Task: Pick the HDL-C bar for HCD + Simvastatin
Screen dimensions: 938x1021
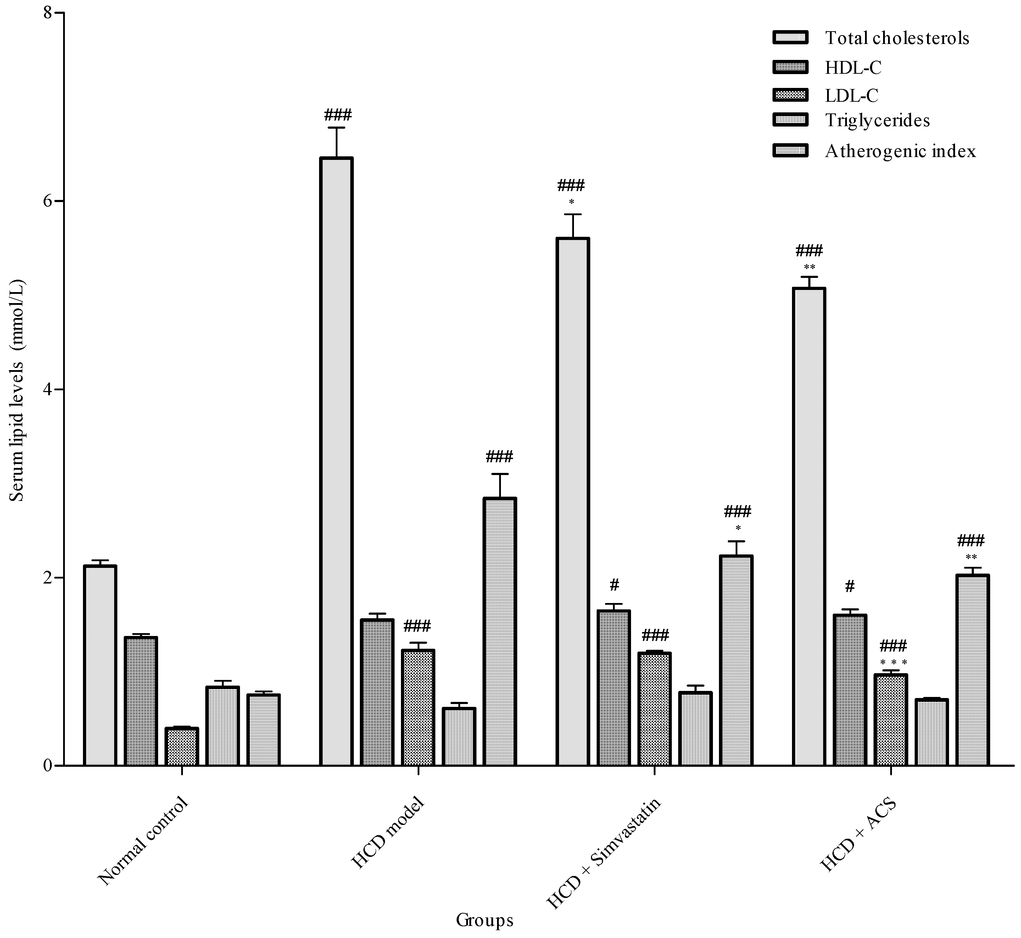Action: [x=613, y=687]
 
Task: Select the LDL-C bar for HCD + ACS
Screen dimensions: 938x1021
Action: [x=891, y=719]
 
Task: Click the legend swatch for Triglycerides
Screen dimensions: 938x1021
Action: [x=790, y=120]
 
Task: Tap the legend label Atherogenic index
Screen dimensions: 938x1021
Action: [x=900, y=151]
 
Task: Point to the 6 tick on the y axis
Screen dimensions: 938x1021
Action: [x=60, y=201]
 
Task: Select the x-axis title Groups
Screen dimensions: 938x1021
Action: [x=484, y=920]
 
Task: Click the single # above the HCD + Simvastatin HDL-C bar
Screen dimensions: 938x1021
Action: [x=614, y=585]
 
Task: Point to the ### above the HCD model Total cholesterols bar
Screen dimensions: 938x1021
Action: [x=337, y=115]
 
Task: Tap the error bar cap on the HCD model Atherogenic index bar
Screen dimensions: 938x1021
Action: [x=500, y=474]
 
